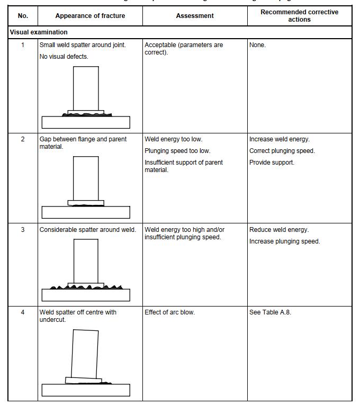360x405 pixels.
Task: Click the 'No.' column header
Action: (x=23, y=16)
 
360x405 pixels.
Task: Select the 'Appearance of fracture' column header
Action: (x=90, y=16)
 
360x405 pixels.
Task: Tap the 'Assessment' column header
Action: (x=195, y=16)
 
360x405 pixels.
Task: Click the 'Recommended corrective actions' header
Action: (x=299, y=16)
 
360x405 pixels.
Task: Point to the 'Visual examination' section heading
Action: (x=39, y=32)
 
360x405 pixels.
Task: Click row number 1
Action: (x=23, y=45)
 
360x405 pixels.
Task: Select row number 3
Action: (x=23, y=230)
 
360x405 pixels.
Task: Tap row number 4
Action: (x=23, y=312)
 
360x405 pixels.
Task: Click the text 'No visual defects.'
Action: (x=64, y=57)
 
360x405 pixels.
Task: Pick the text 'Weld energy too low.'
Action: (x=174, y=139)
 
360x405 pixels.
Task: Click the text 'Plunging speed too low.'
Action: (x=177, y=151)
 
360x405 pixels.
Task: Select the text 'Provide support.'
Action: (x=272, y=163)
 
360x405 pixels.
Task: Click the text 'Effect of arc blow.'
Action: (x=169, y=312)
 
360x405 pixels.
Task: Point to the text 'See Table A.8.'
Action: (x=270, y=312)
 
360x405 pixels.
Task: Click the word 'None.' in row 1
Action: (x=258, y=45)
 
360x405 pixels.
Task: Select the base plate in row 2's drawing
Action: (x=85, y=212)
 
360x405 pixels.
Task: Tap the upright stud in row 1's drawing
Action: (x=86, y=88)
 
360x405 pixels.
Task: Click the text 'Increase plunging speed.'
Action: (x=285, y=241)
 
